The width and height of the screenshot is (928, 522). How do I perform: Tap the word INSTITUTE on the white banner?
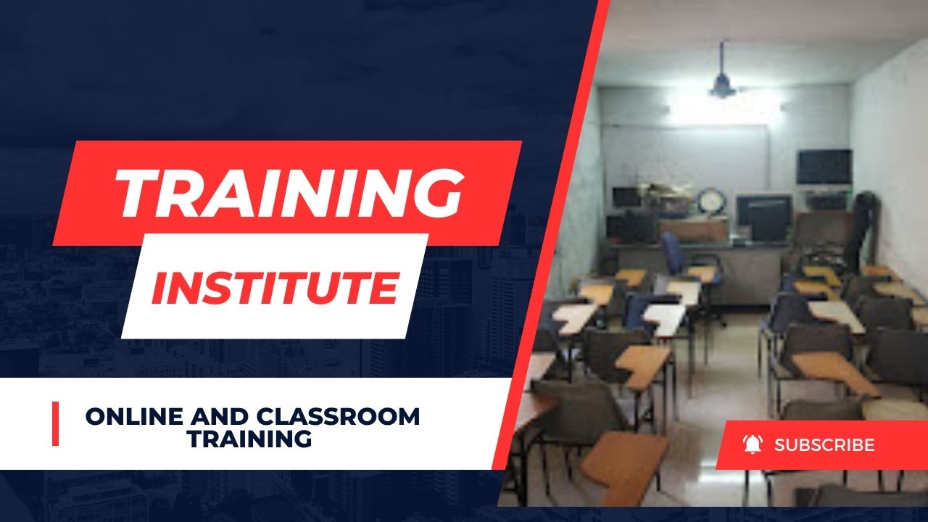[274, 286]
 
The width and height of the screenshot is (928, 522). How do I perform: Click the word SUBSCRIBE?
[824, 445]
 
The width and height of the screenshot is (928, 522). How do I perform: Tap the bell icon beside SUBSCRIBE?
[753, 444]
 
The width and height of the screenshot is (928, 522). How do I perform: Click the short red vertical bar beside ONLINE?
[55, 424]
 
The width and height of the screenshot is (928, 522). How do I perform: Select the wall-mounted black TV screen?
[824, 167]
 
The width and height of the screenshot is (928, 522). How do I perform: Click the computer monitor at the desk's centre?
[763, 215]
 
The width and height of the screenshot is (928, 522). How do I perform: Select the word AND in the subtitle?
[215, 417]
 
